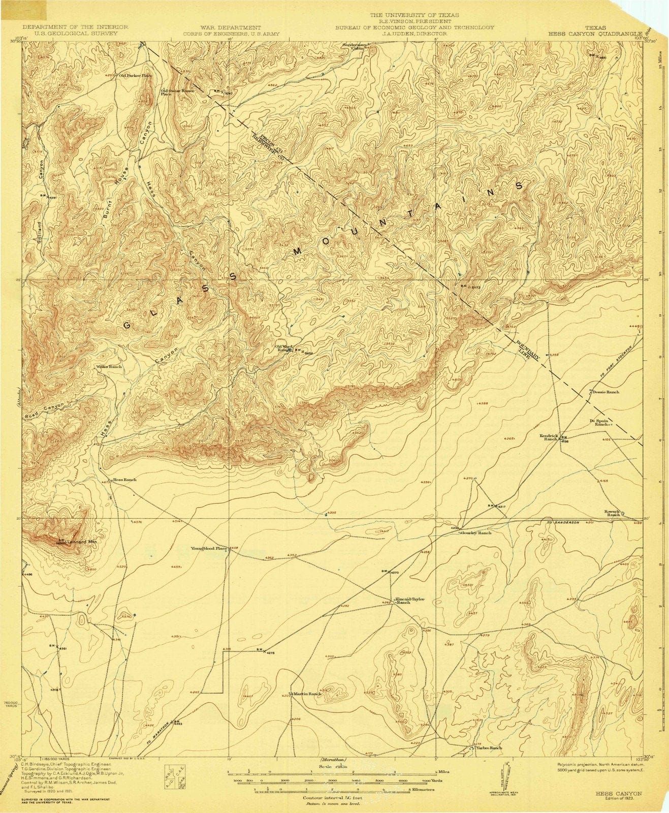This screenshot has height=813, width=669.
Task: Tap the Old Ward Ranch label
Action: coord(283,348)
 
